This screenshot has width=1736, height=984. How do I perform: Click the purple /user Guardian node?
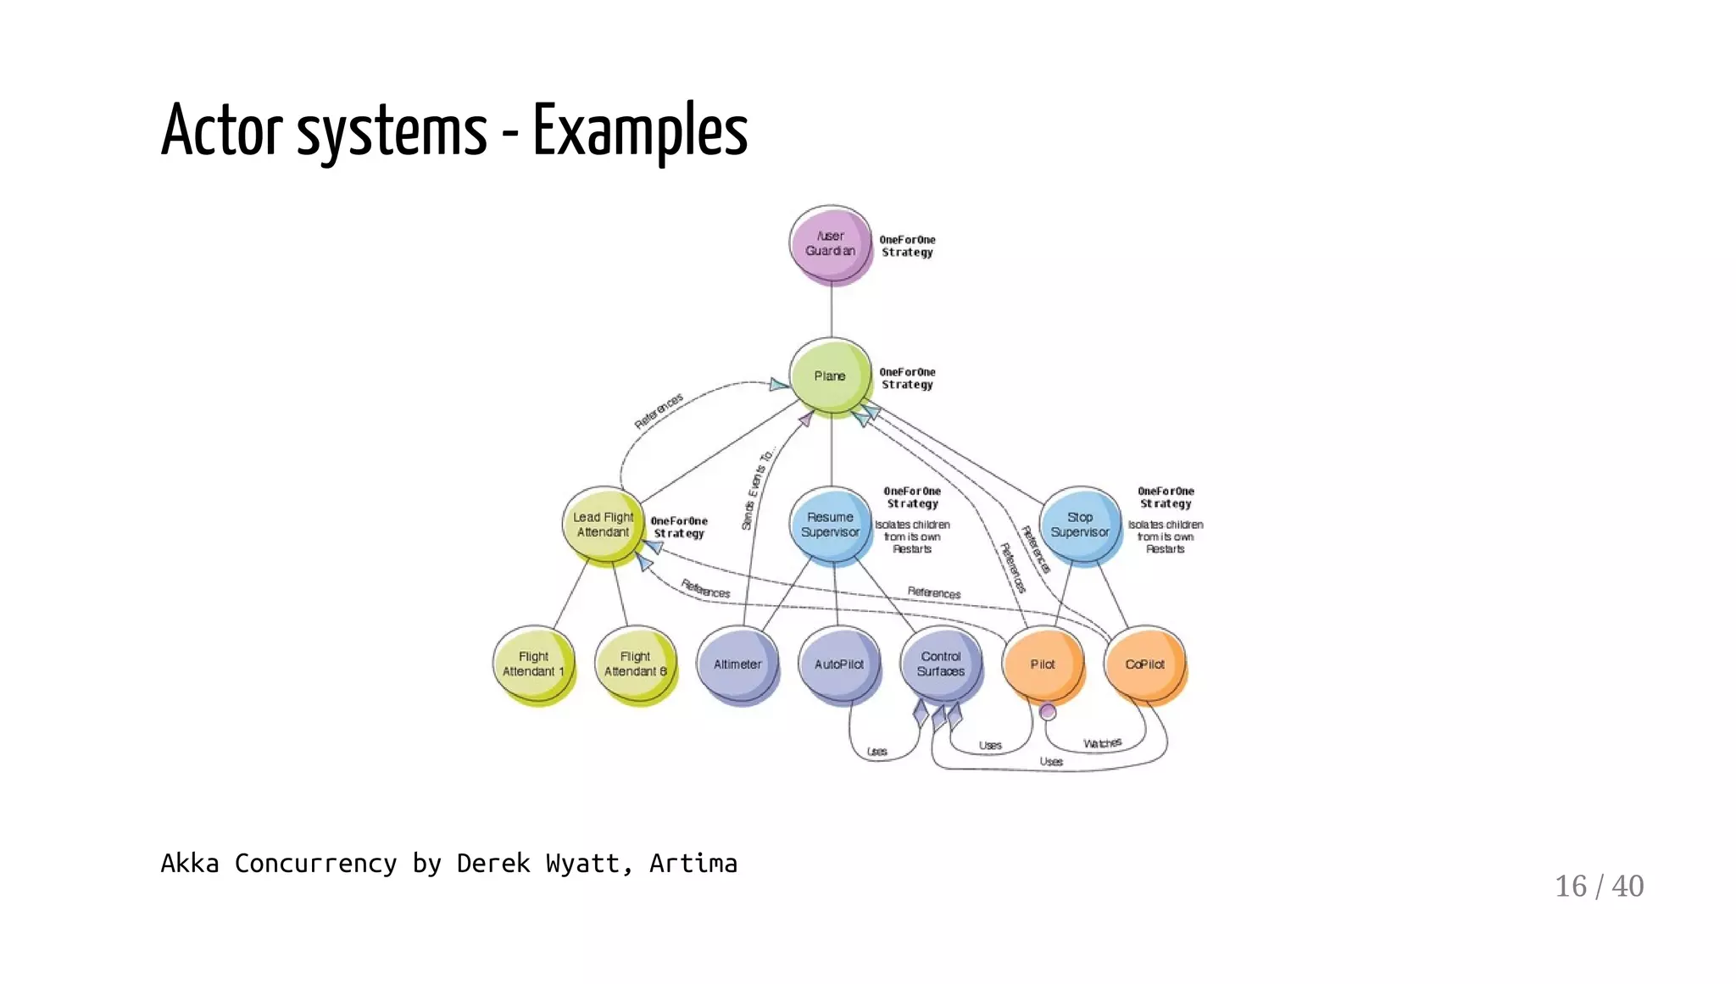(x=830, y=243)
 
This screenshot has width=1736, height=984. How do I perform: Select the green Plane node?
(x=830, y=375)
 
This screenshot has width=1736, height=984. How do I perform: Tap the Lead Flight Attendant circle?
(x=603, y=525)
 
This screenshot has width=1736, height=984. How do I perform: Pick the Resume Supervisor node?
(x=830, y=525)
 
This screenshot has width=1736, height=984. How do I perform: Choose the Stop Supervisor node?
(x=1079, y=525)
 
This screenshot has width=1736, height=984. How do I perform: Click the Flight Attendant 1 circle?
(x=533, y=664)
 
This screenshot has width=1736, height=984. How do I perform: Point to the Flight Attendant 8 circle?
(x=635, y=664)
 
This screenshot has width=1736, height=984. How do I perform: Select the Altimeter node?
(x=737, y=664)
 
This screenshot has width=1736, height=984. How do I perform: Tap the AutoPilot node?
(x=838, y=664)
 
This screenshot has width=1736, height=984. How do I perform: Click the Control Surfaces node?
(x=940, y=664)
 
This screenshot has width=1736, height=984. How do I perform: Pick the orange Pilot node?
(x=1043, y=664)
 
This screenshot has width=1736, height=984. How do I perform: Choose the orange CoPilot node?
(x=1144, y=664)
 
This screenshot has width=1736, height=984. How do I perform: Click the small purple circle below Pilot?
(x=1048, y=712)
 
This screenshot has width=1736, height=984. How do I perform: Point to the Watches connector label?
(x=1102, y=743)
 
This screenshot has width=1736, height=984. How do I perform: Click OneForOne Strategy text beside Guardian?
(x=907, y=246)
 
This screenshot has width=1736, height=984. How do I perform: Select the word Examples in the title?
(x=640, y=131)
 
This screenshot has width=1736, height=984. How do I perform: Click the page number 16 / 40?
(x=1599, y=886)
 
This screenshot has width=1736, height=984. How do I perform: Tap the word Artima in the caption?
(x=693, y=864)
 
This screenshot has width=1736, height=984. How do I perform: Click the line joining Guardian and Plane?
(x=831, y=312)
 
